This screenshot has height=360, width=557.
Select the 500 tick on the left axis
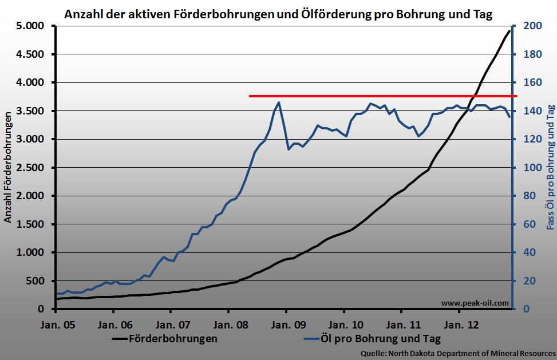pyautogui.click(x=35, y=281)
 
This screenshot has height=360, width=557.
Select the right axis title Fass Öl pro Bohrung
pyautogui.click(x=550, y=168)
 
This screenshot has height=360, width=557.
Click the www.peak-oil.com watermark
pyautogui.click(x=475, y=303)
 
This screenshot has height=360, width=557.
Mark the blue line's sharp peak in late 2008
pyautogui.click(x=279, y=102)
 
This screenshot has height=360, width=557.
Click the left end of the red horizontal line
pyautogui.click(x=250, y=96)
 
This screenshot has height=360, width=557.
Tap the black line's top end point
pyautogui.click(x=509, y=30)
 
